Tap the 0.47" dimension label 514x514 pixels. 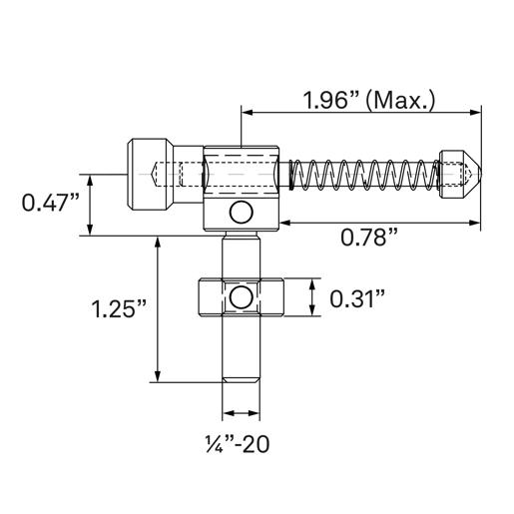tap(50, 204)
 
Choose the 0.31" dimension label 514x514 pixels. tap(358, 297)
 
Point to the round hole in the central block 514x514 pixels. tap(240, 212)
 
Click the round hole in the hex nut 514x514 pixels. tap(240, 296)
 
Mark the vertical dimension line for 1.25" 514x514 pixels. tap(158, 308)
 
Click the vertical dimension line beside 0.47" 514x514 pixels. tap(91, 205)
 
